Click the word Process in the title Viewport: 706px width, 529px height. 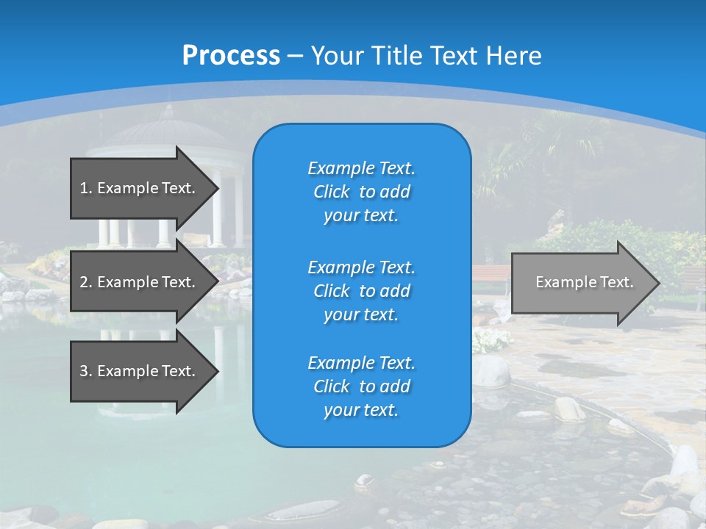pyautogui.click(x=231, y=55)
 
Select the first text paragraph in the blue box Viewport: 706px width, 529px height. pyautogui.click(x=361, y=192)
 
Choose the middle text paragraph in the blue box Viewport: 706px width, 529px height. pyautogui.click(x=361, y=290)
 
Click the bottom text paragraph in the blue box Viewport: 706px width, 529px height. pyautogui.click(x=361, y=386)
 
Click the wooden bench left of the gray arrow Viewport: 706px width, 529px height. pyautogui.click(x=490, y=276)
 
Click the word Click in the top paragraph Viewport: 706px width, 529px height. pyautogui.click(x=332, y=192)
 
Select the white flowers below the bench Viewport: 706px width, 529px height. pyautogui.click(x=490, y=339)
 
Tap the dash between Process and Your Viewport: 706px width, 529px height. pyautogui.click(x=296, y=56)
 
